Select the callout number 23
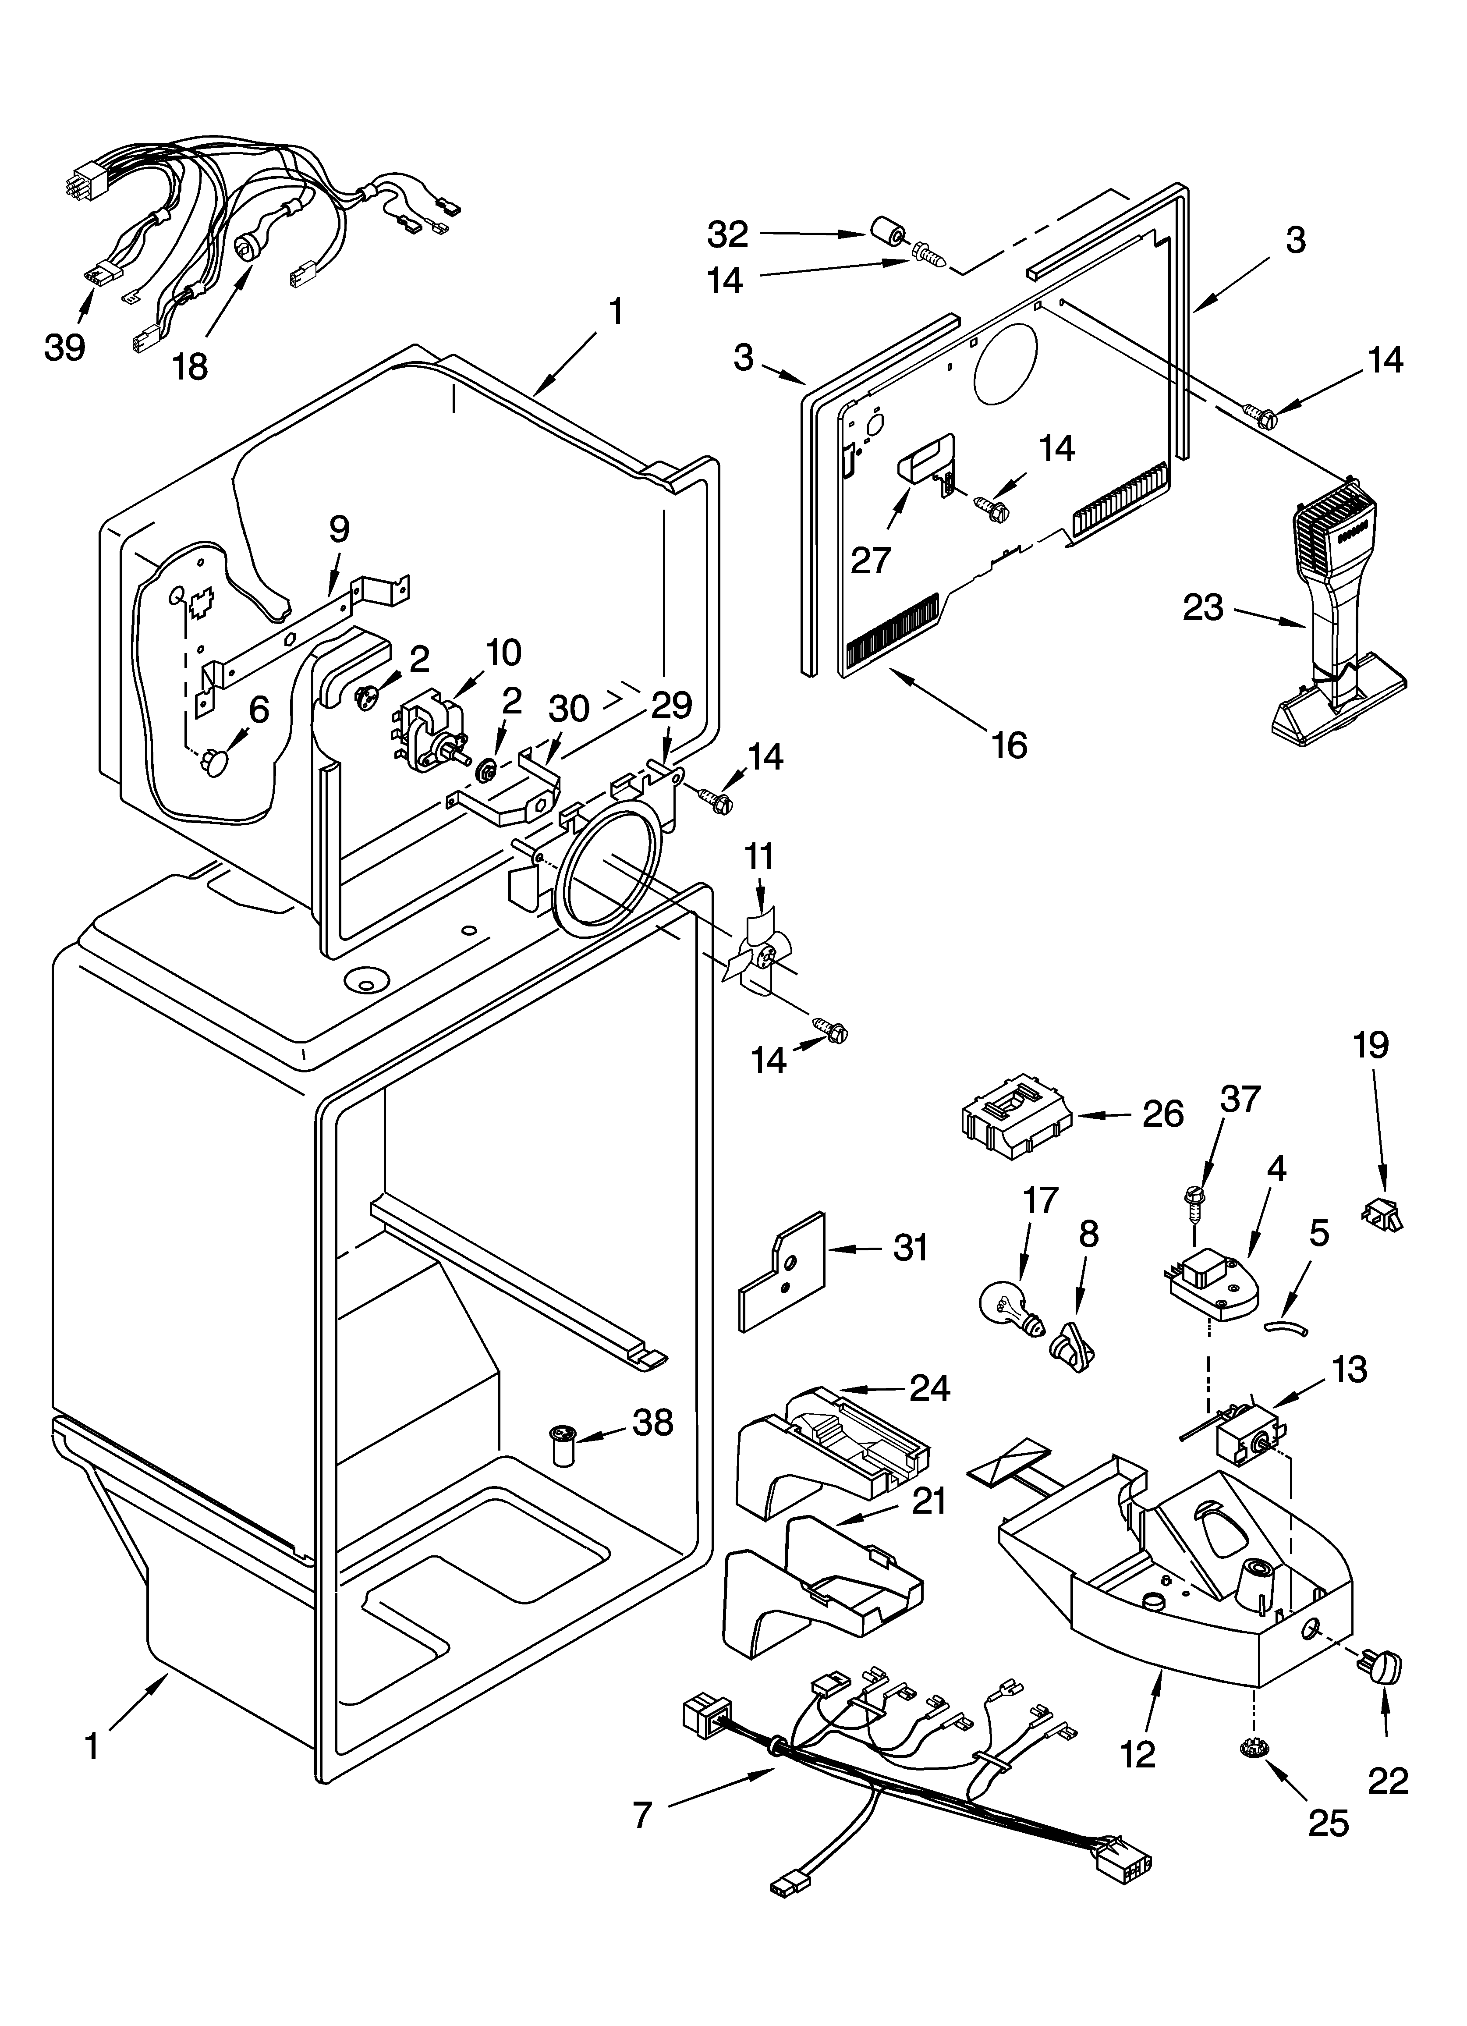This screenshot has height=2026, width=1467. coord(1202,608)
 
